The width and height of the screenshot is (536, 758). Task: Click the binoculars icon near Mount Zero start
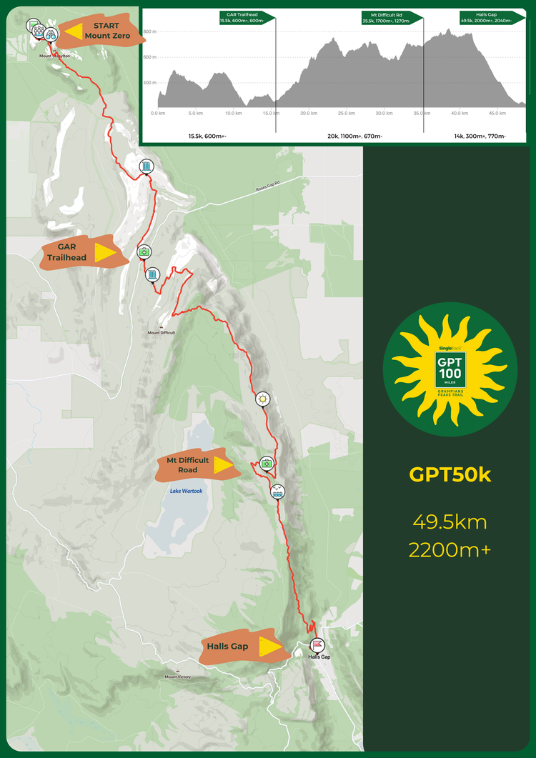(51, 34)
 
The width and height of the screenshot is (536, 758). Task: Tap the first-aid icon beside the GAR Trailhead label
(144, 251)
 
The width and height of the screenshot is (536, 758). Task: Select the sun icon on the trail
(263, 399)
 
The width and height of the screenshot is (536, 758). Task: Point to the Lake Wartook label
(186, 491)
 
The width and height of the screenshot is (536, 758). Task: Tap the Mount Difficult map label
(161, 332)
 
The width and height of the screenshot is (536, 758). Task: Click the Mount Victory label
(176, 677)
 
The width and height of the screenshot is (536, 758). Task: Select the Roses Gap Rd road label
(270, 189)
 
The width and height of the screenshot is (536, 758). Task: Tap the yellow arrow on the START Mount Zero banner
(74, 32)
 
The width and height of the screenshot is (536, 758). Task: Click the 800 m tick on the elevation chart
(149, 32)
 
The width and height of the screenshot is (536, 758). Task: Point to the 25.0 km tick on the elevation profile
(346, 113)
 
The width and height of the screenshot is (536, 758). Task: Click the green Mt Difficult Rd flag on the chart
(389, 17)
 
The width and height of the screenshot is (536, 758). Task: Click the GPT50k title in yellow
(450, 475)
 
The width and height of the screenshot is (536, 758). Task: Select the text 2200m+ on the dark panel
(450, 550)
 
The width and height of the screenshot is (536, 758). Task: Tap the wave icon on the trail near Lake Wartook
(278, 491)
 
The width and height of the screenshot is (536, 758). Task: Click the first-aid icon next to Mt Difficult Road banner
(267, 463)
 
